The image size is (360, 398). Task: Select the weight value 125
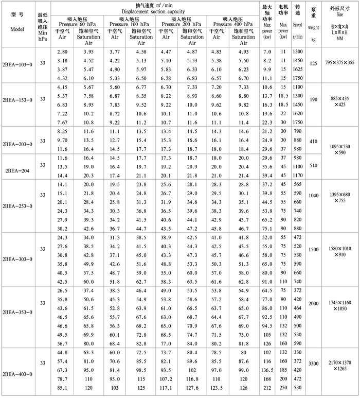314,63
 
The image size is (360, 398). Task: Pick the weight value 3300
314,364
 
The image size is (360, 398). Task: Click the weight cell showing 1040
314,196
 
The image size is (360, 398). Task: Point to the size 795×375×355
339,63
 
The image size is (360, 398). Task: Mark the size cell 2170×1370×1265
339,367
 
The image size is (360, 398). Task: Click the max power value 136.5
267,369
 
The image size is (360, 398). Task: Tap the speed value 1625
298,68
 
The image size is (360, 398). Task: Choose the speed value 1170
298,176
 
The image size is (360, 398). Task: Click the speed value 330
298,352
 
